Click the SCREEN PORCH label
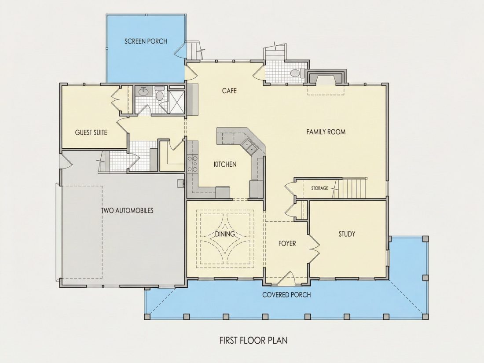click(x=146, y=41)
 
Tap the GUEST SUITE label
click(x=91, y=133)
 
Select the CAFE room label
click(x=229, y=91)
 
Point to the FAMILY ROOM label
click(x=326, y=132)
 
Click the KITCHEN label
click(x=225, y=164)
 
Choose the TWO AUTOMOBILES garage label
click(x=127, y=210)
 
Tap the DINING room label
click(x=225, y=234)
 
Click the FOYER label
click(x=287, y=244)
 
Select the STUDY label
click(x=347, y=234)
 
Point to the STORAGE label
click(x=319, y=188)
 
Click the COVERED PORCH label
click(x=286, y=295)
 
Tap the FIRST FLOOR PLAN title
click(x=253, y=341)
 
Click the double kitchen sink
click(x=250, y=146)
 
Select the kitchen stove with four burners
click(x=192, y=164)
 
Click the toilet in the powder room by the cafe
click(x=297, y=73)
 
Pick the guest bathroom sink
click(x=143, y=92)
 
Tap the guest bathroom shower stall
click(x=176, y=102)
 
